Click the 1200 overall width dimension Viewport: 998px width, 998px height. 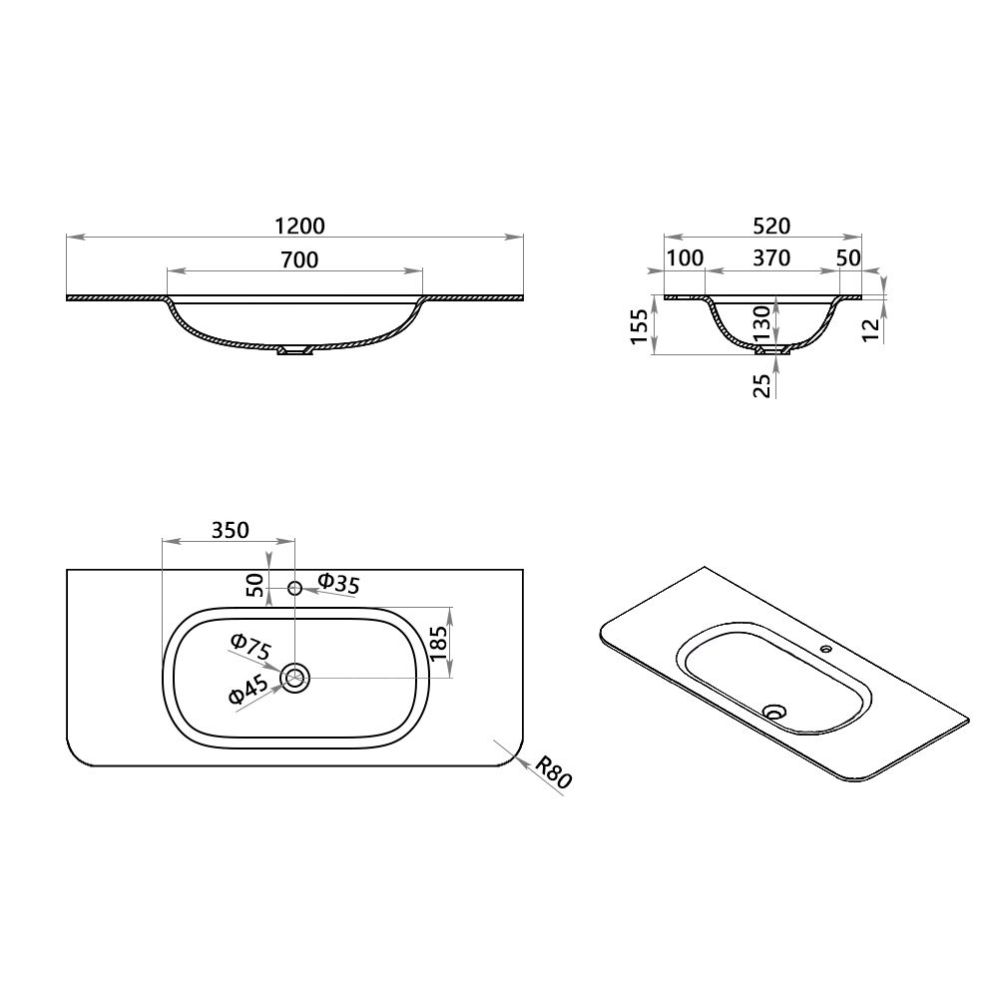[299, 227]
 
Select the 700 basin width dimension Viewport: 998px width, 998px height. [299, 260]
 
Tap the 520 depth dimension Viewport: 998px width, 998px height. [764, 226]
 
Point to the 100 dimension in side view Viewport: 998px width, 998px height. [685, 258]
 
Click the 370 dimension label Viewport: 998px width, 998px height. [770, 258]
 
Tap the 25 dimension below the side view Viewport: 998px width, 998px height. [763, 384]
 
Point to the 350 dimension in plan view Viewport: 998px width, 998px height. [230, 530]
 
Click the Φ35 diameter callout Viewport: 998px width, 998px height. [338, 584]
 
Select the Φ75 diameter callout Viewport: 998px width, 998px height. [250, 648]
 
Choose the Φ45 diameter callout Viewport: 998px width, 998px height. [247, 690]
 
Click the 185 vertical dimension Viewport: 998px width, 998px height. [439, 643]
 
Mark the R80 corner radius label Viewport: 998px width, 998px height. [552, 772]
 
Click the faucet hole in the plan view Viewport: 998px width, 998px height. [294, 587]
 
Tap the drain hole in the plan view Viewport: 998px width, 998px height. [295, 679]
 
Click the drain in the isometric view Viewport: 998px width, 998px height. [773, 712]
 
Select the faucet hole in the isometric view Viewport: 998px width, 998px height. [824, 650]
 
